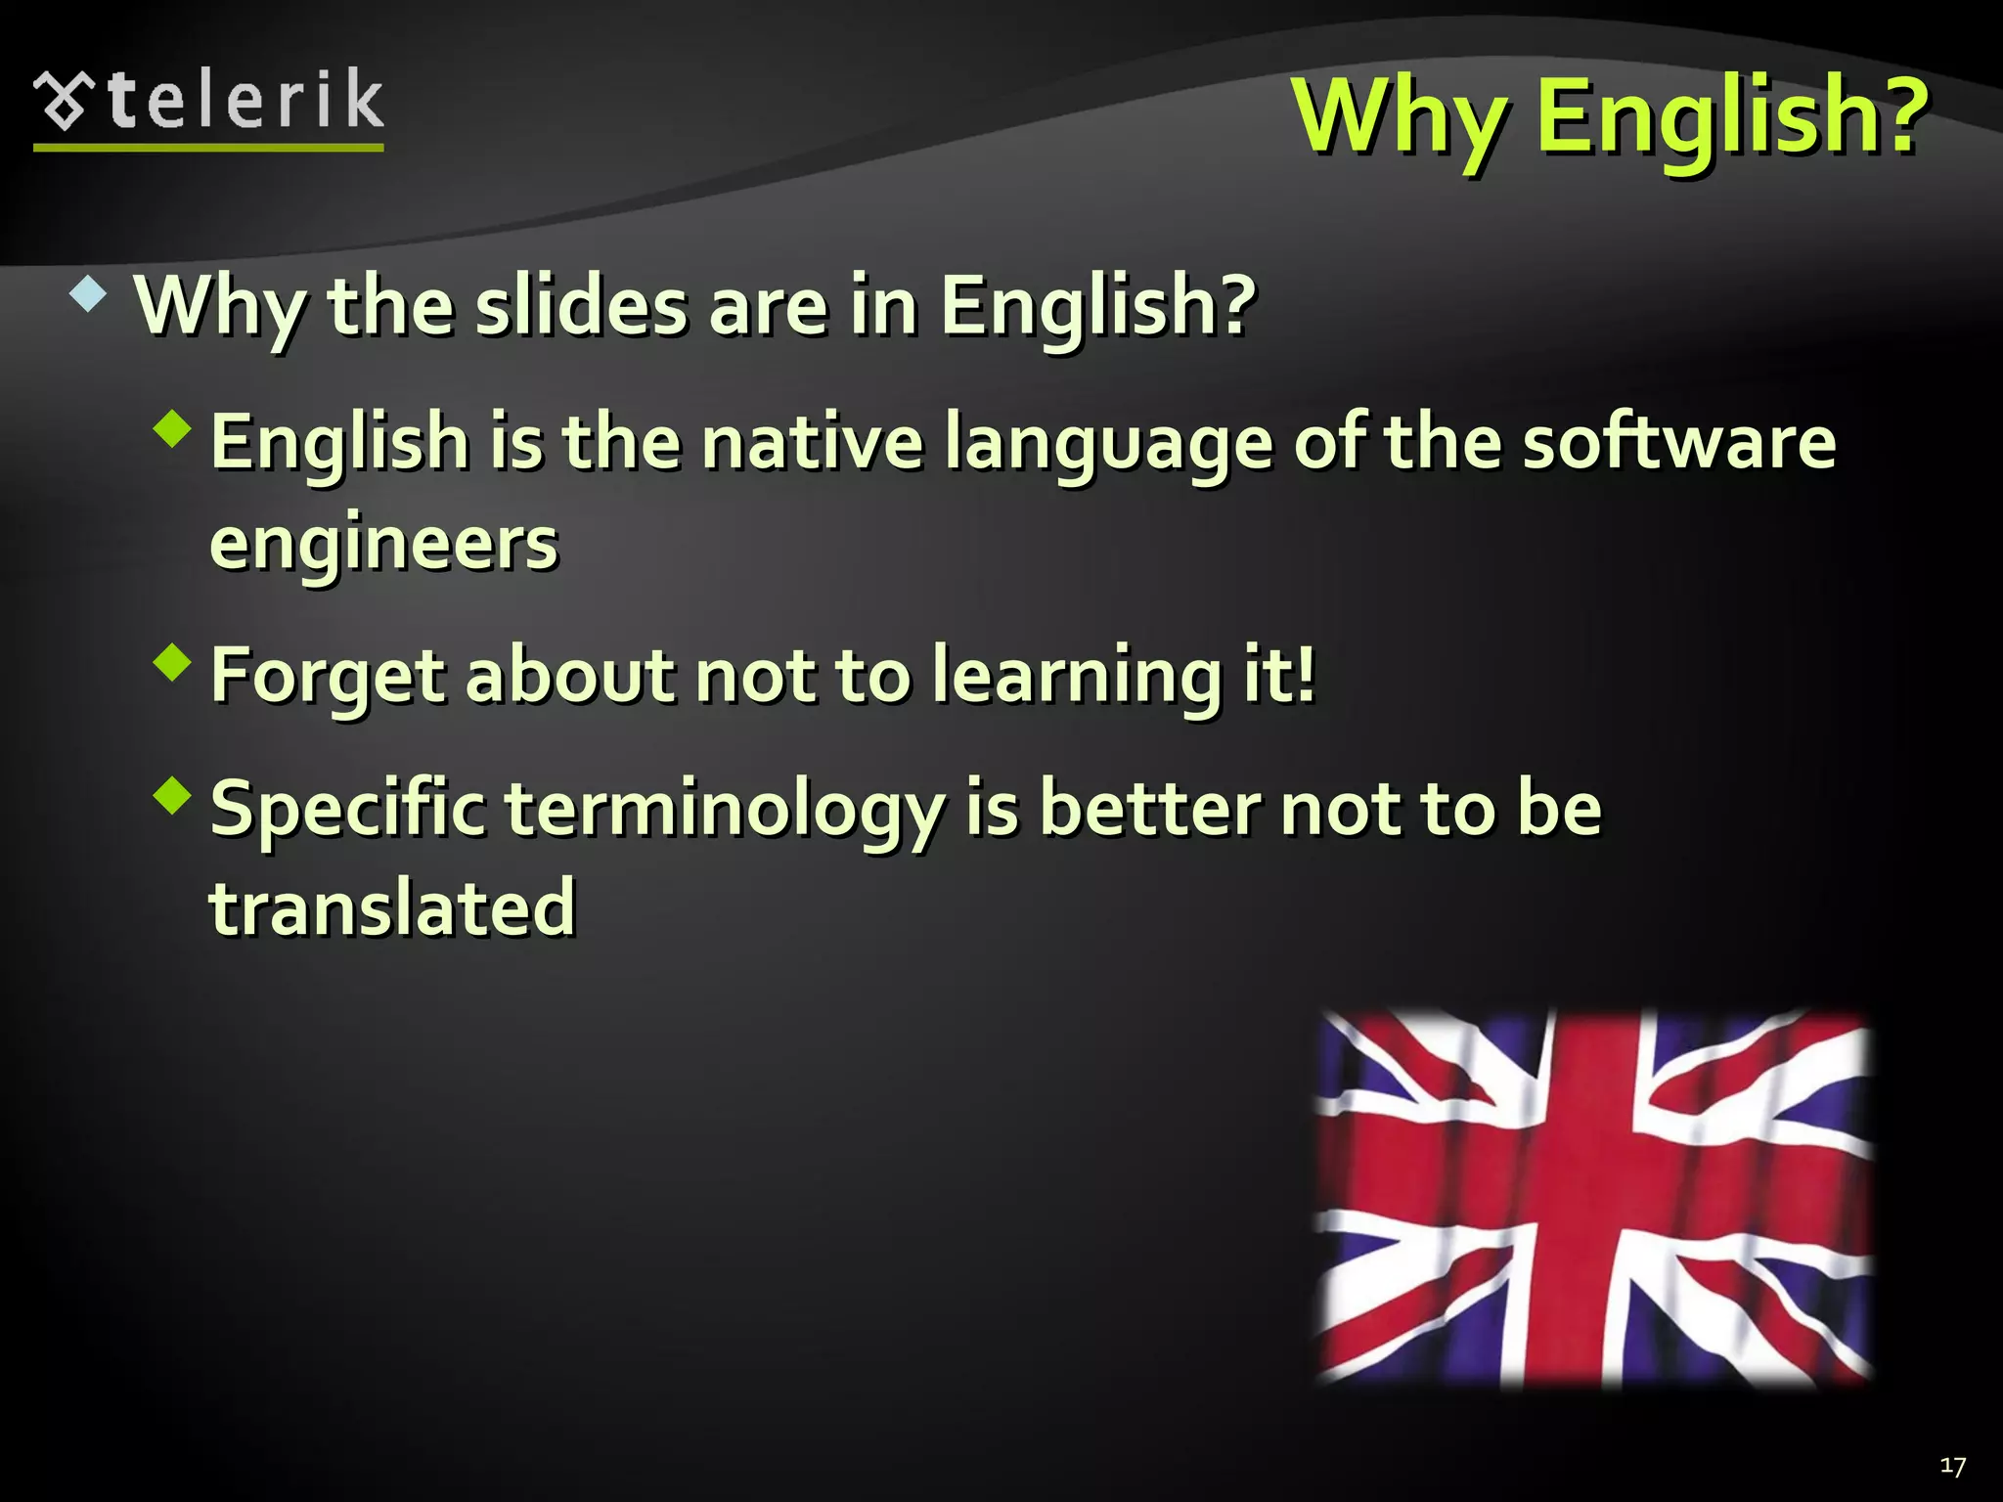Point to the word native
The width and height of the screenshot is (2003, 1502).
(x=813, y=442)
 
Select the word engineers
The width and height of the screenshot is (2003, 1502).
(x=383, y=544)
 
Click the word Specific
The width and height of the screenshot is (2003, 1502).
(x=347, y=810)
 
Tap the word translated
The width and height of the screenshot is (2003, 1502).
(x=392, y=907)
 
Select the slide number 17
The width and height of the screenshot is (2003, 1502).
(x=1952, y=1466)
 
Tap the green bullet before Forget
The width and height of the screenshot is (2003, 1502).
(x=173, y=662)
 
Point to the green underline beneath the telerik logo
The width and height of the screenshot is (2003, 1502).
(x=208, y=148)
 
